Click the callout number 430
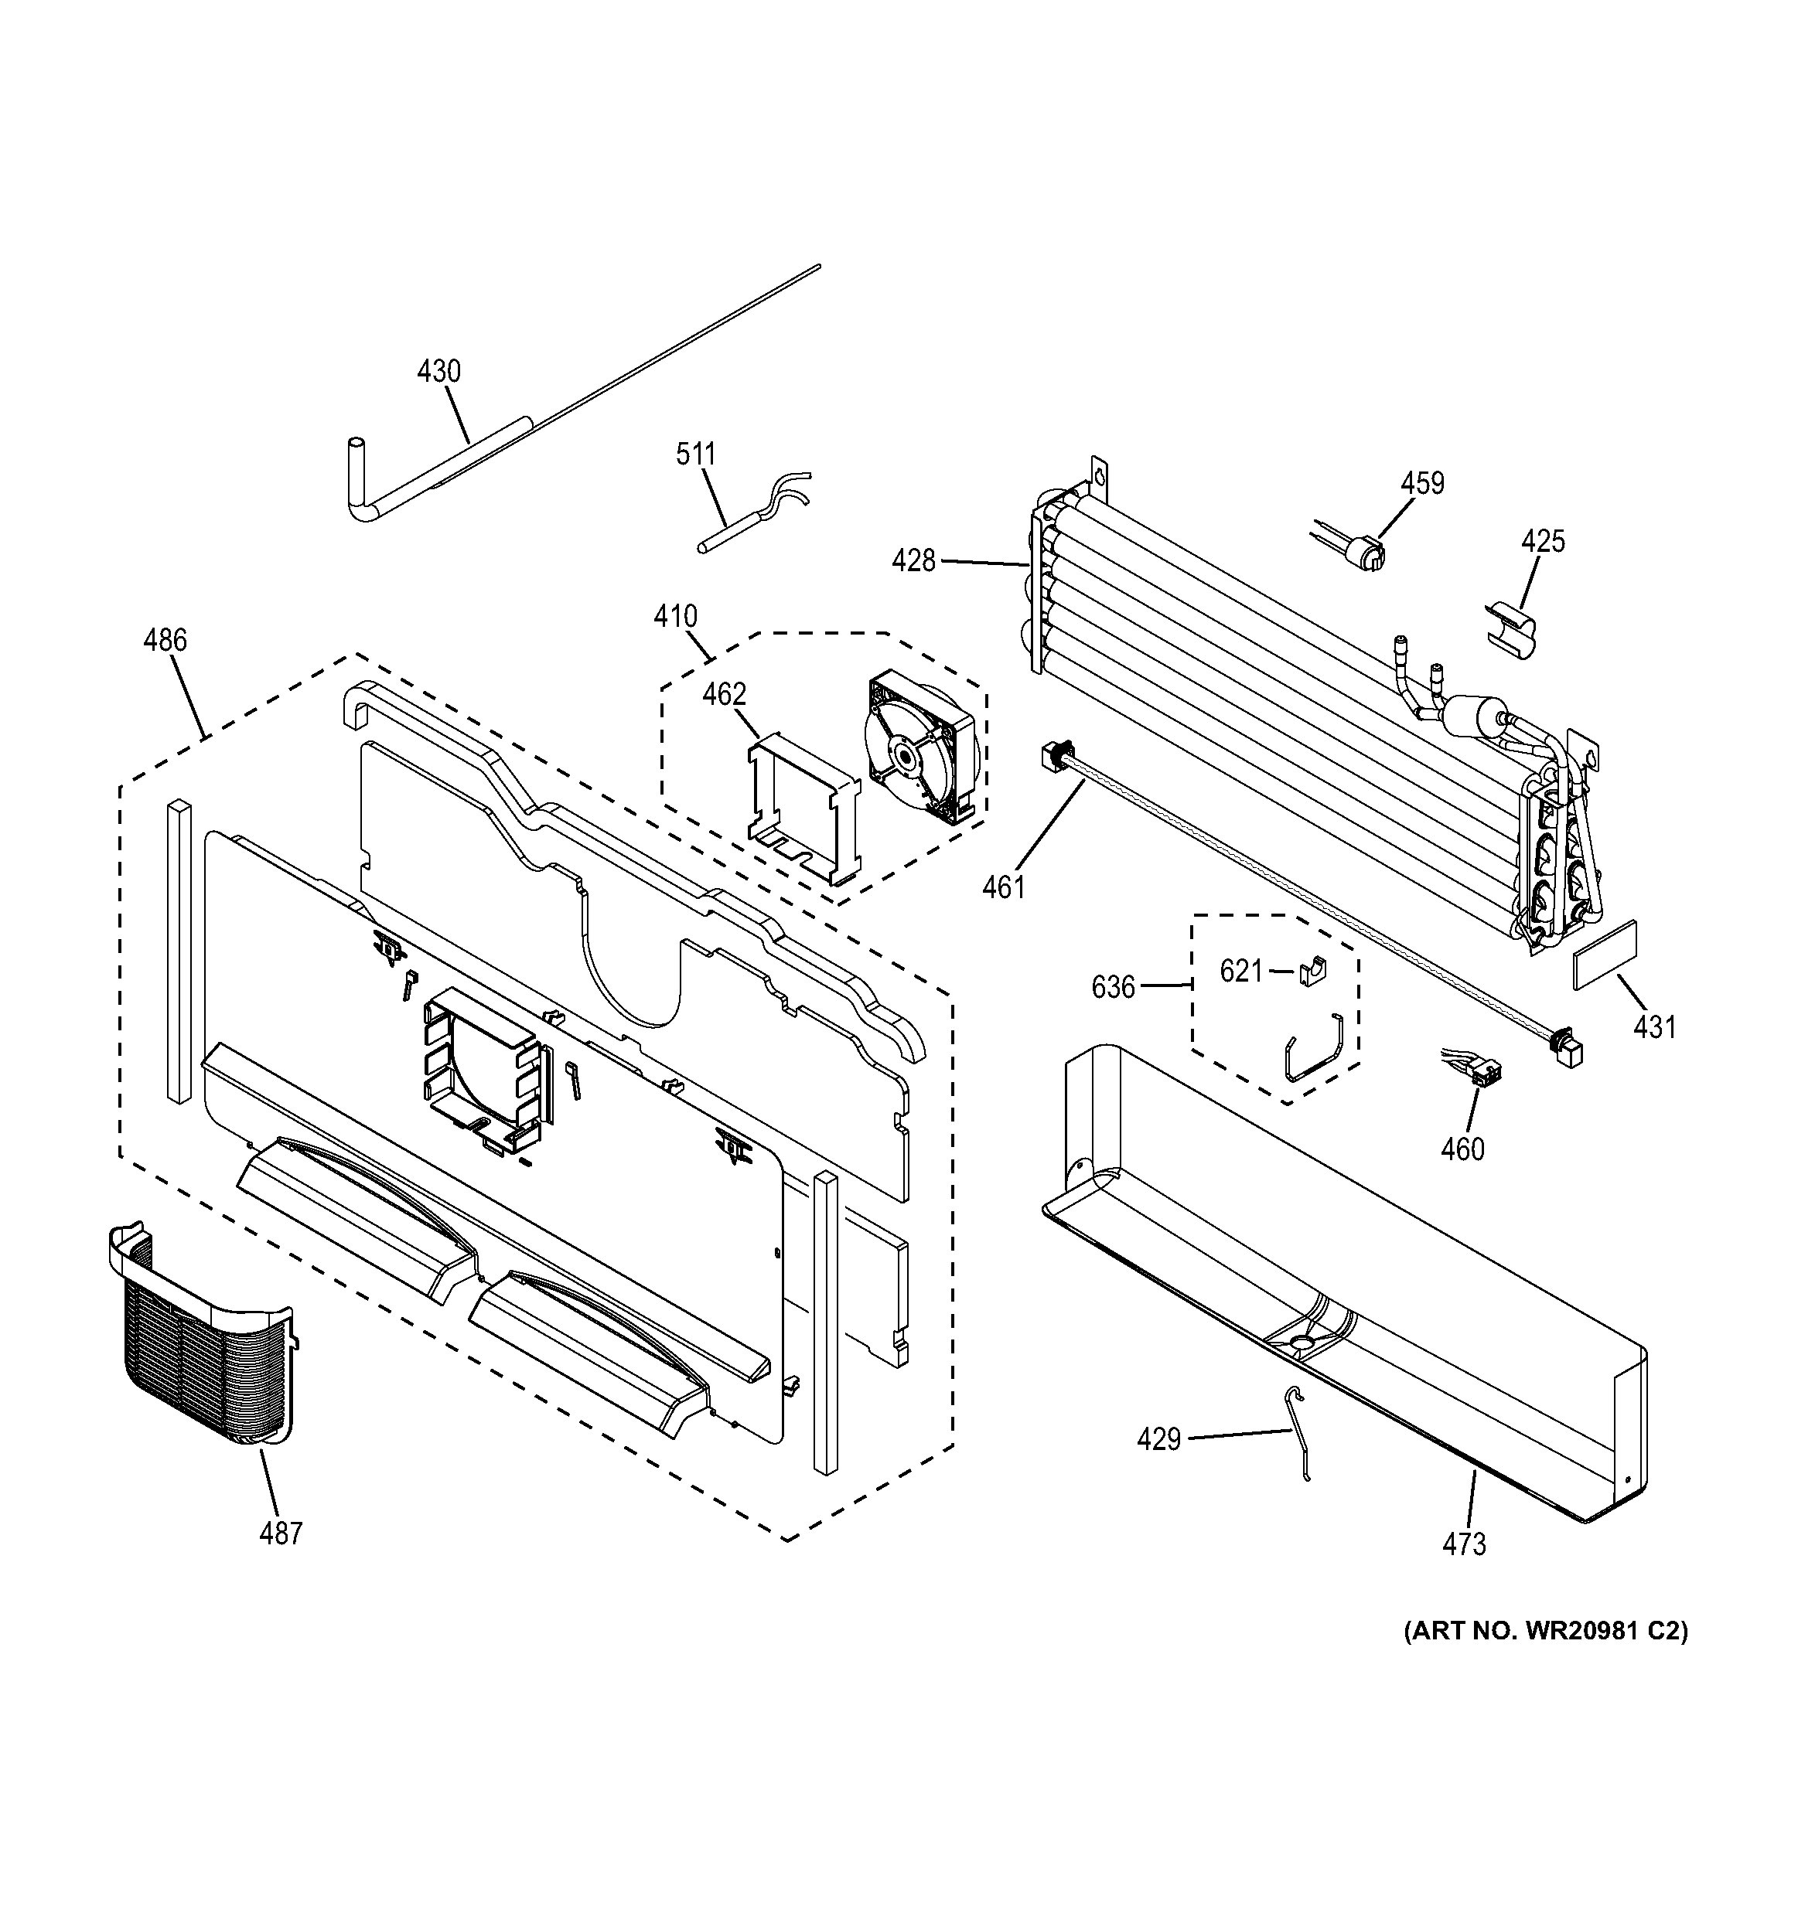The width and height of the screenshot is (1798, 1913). click(x=439, y=372)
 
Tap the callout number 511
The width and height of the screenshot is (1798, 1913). click(x=696, y=454)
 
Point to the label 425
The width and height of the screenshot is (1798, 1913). click(x=1543, y=541)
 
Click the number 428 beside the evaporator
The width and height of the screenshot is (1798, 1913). click(x=913, y=561)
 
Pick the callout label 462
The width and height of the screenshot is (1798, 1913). click(x=724, y=694)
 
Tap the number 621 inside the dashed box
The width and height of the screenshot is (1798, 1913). click(x=1240, y=972)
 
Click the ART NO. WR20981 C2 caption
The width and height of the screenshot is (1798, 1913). click(x=1546, y=1631)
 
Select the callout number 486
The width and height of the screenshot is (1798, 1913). click(x=165, y=640)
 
